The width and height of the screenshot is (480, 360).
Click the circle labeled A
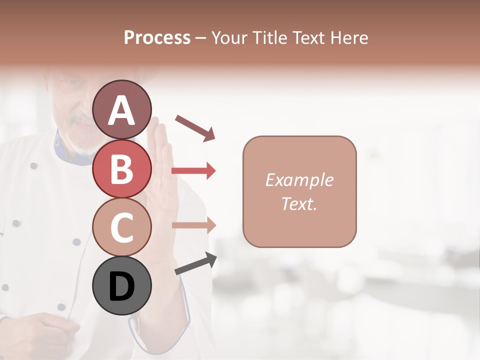tap(121, 109)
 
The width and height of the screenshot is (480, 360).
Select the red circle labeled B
tap(121, 168)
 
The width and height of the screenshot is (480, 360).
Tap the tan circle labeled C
tap(121, 227)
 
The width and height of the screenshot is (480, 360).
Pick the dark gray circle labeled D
tap(121, 286)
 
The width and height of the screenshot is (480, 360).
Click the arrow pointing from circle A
tap(195, 127)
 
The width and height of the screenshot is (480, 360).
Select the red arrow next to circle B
tap(193, 171)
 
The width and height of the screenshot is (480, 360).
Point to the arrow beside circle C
tap(193, 225)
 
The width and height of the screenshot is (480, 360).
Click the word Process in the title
tap(157, 37)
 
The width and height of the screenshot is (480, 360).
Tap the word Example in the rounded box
tap(299, 180)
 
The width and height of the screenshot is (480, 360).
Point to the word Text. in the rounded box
tap(299, 203)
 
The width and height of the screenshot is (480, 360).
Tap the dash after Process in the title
tap(201, 38)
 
